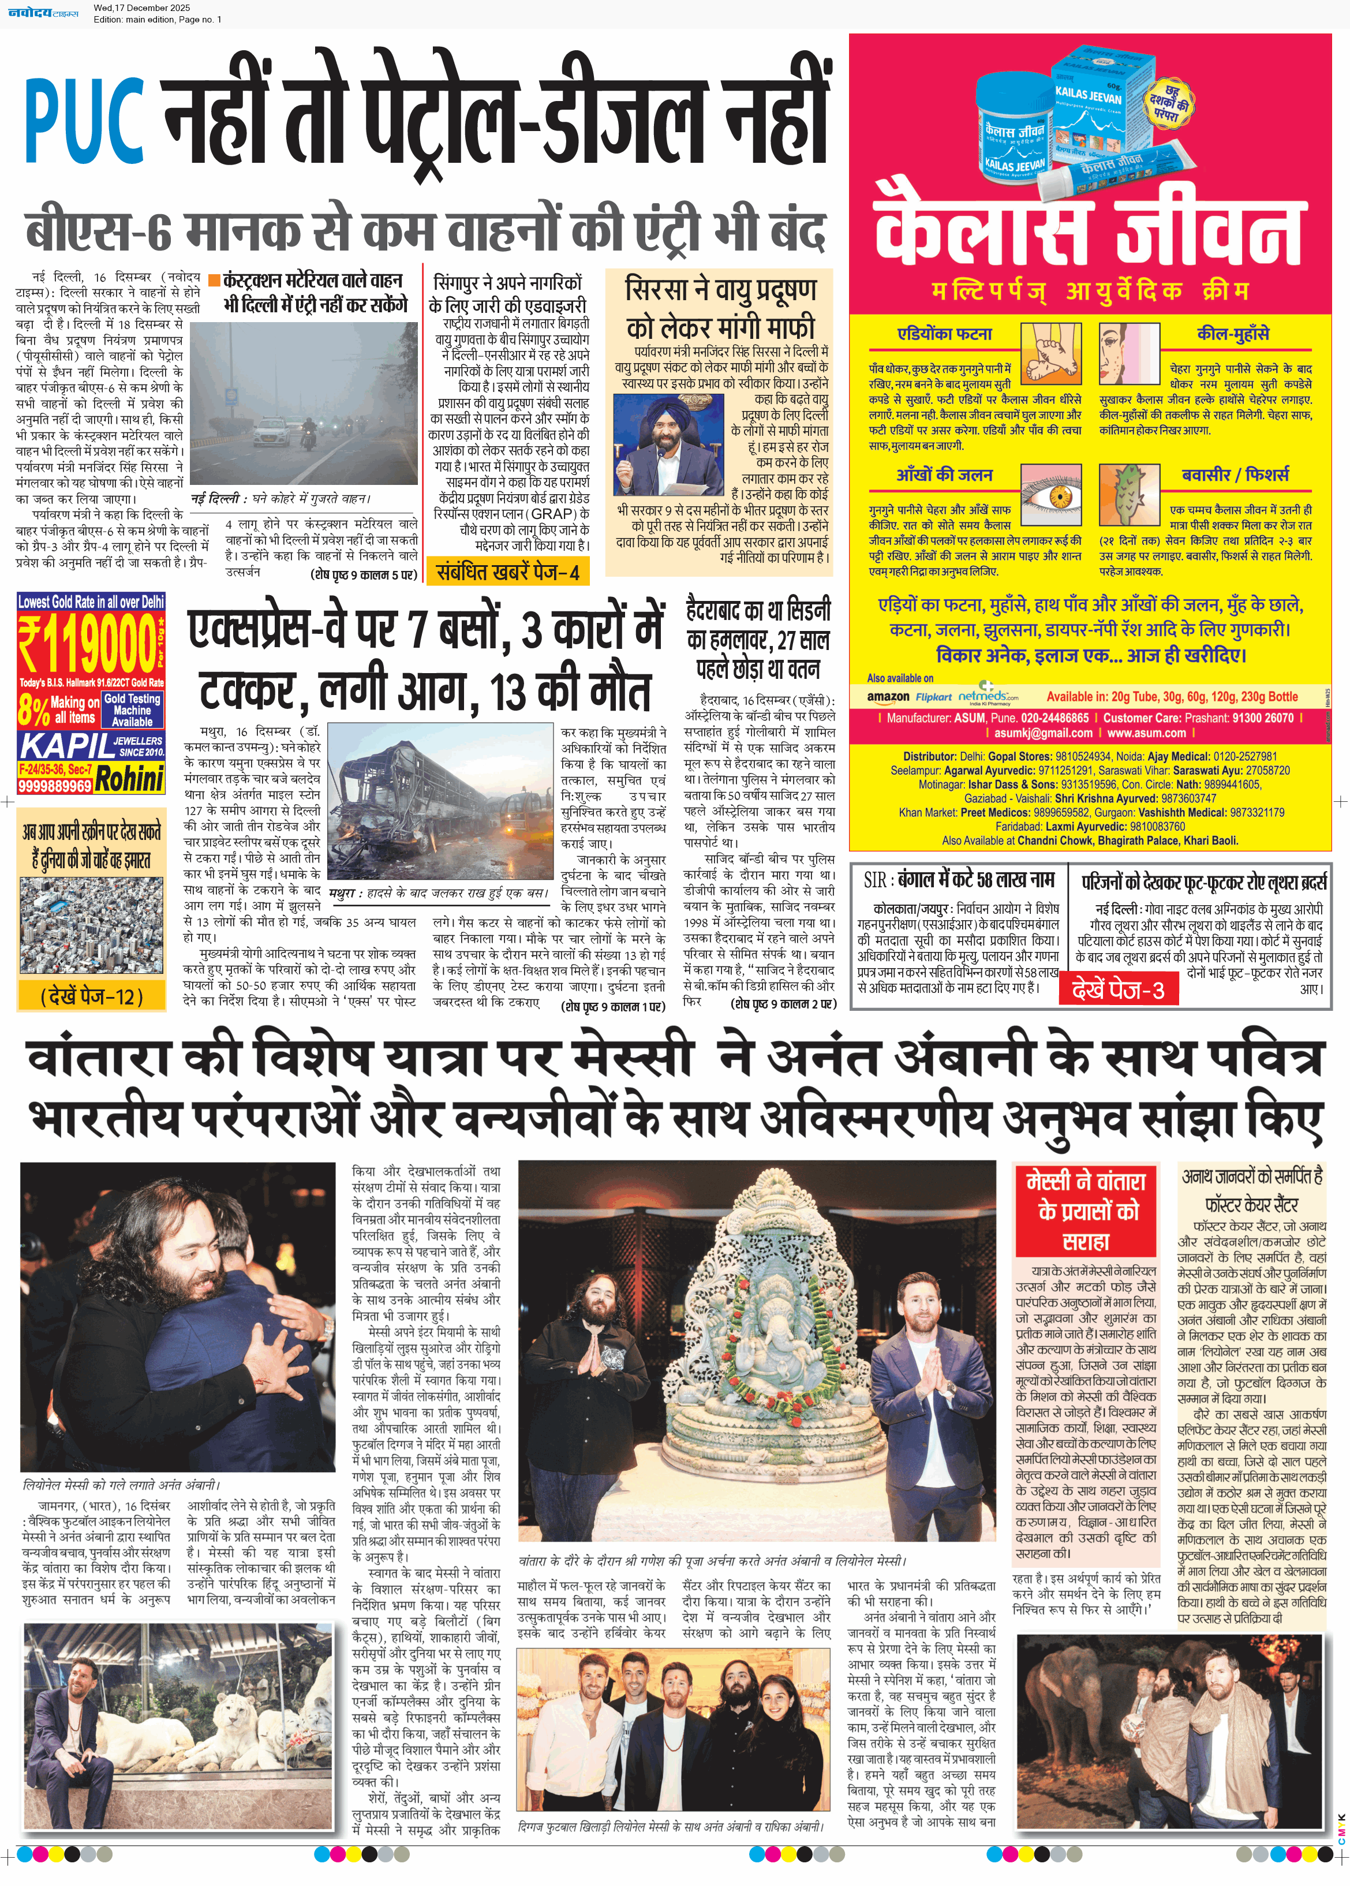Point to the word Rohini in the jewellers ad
pos(129,779)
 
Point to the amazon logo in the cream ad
pos(888,697)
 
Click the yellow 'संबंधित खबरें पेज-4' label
pos(507,572)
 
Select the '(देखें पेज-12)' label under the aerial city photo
pos(91,996)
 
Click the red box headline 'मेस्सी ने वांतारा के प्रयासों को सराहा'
pos(1086,1210)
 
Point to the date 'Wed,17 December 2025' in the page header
pos(141,8)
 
